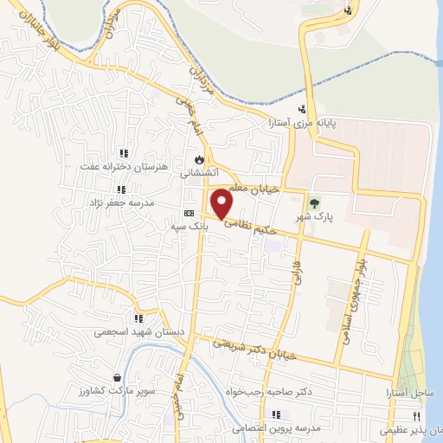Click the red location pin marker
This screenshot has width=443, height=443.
coord(222,203)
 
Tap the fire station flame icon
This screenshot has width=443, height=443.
coord(200,159)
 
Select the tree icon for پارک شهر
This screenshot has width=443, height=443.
coord(313,203)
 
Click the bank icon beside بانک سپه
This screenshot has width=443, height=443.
coord(189,214)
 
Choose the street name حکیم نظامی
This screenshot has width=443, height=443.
coord(250,228)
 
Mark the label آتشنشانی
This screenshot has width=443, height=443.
coord(198,173)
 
